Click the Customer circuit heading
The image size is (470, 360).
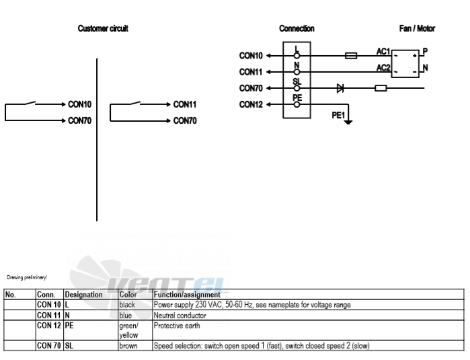(x=103, y=28)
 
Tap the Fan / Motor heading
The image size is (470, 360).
(x=417, y=28)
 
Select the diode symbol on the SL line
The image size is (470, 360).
(x=340, y=88)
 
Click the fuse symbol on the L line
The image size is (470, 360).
(x=351, y=55)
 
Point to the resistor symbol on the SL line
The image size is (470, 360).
(x=381, y=88)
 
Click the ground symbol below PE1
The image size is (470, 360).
(x=348, y=122)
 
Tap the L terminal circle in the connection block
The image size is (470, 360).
(x=297, y=56)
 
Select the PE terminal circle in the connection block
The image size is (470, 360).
(x=297, y=104)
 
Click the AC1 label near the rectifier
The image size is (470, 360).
(x=383, y=52)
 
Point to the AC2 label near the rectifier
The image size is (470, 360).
(x=383, y=68)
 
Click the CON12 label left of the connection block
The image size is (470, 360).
(x=251, y=104)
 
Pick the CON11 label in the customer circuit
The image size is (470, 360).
(x=185, y=104)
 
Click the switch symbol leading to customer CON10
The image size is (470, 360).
(x=30, y=103)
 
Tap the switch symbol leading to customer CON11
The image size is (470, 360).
(x=135, y=103)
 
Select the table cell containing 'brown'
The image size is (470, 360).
(x=135, y=346)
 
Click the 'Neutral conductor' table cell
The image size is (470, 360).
(x=309, y=316)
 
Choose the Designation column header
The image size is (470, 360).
(x=83, y=295)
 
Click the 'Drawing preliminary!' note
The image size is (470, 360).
(x=27, y=277)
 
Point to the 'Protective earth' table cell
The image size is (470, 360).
(x=309, y=330)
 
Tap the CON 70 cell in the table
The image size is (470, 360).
(x=49, y=346)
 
